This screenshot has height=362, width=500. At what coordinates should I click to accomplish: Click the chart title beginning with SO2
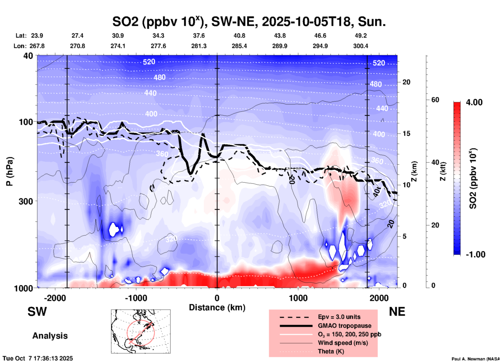[249, 22]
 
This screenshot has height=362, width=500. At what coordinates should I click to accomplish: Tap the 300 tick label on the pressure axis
[26, 201]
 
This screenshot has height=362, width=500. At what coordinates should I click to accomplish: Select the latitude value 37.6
[199, 36]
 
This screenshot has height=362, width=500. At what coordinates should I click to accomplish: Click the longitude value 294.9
[320, 46]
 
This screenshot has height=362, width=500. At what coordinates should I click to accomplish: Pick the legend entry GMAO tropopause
[344, 326]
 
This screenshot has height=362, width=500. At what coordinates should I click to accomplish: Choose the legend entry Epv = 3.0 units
[339, 317]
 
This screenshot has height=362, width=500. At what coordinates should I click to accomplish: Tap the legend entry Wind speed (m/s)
[343, 343]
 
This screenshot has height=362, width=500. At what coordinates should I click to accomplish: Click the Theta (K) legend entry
[331, 351]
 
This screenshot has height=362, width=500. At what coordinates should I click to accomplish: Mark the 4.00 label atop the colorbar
[474, 102]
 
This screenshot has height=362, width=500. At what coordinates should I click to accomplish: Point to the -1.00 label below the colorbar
[475, 254]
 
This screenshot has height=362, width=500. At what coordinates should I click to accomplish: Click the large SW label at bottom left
[37, 312]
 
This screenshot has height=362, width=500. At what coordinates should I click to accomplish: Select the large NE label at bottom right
[397, 312]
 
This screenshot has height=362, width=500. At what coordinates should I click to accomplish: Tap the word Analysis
[50, 336]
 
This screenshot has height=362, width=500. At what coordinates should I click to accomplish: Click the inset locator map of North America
[141, 331]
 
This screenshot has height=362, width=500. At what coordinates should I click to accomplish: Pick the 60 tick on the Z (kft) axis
[435, 100]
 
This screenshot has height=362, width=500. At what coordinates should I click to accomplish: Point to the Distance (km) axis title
[217, 307]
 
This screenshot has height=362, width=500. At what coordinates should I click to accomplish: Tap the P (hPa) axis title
[10, 171]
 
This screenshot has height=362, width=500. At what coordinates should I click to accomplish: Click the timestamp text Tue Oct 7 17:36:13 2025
[38, 358]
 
